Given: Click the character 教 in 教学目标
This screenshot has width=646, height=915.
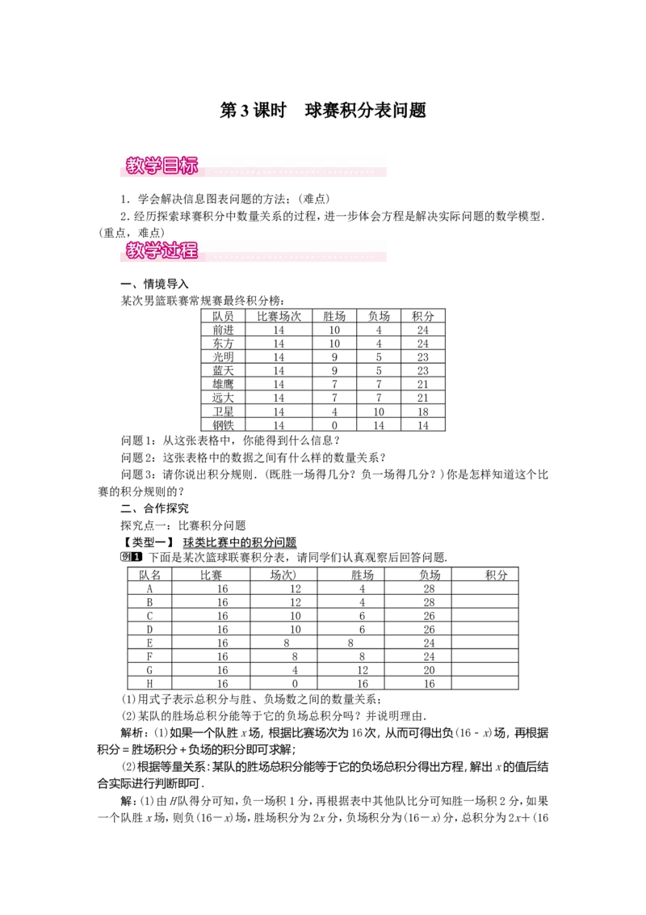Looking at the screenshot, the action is point(134,167).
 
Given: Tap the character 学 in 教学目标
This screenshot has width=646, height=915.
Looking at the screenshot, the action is point(152,167).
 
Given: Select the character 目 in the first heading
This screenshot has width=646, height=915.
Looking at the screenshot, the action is point(170,167).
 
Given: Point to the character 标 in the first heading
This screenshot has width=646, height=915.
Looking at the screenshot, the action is point(188,167).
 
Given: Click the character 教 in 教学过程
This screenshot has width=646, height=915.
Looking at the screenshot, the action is point(134,251).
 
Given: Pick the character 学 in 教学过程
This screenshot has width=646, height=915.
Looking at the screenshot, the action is point(152,251).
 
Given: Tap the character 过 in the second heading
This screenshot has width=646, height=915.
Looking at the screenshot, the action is point(170,251).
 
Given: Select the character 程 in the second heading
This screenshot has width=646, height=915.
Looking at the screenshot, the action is point(188,251).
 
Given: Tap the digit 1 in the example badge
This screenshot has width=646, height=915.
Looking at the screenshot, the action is point(136,557).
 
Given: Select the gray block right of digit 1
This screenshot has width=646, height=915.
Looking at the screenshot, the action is point(145,557).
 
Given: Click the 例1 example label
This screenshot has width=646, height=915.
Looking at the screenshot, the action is point(132,557).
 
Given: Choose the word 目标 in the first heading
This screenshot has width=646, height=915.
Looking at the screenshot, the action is point(179,167).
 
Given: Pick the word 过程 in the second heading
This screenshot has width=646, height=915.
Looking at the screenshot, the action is point(179,251).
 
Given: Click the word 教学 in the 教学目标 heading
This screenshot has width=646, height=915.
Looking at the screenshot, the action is point(143,167).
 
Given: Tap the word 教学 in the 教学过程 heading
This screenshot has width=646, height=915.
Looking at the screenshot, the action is point(143,251).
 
